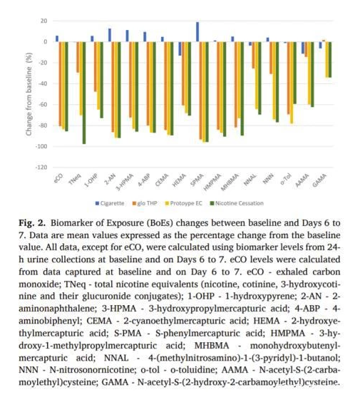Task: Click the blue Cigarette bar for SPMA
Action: [197, 32]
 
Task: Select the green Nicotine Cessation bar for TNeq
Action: [84, 93]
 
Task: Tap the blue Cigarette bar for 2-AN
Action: [110, 35]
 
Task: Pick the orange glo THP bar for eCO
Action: [61, 84]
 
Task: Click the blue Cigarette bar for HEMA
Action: [180, 48]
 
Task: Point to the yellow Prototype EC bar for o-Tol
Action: [292, 83]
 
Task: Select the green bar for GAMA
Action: [330, 59]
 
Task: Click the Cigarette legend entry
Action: [110, 203]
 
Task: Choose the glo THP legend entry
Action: [145, 203]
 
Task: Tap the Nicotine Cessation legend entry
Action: [237, 203]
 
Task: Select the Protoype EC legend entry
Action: [183, 203]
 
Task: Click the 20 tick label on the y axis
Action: [43, 21]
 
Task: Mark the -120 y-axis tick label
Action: [41, 167]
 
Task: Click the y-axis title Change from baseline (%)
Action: [29, 94]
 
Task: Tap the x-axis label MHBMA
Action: [230, 182]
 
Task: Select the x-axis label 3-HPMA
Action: [125, 182]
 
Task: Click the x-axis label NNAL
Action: [250, 180]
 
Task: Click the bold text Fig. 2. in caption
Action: [32, 223]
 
